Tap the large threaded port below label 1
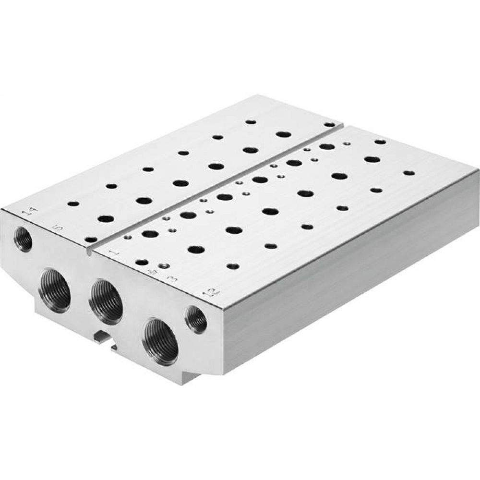pos(106,301)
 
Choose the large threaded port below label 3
pos(160,341)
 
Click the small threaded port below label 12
pos(196,319)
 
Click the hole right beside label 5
pos(90,239)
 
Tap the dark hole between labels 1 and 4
pos(142,262)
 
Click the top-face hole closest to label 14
pos(73,204)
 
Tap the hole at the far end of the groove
pos(329,124)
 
